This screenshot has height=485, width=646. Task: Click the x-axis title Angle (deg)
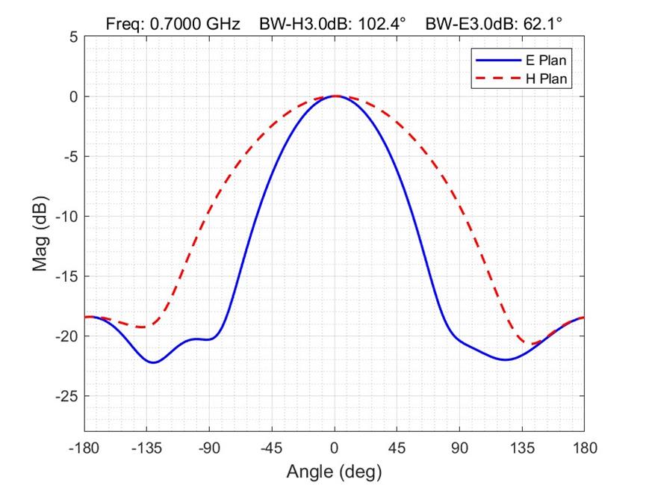tap(334, 472)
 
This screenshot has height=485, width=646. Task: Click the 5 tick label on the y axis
tap(72, 37)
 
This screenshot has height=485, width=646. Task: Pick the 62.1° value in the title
tap(540, 24)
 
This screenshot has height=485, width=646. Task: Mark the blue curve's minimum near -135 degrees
tap(153, 362)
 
